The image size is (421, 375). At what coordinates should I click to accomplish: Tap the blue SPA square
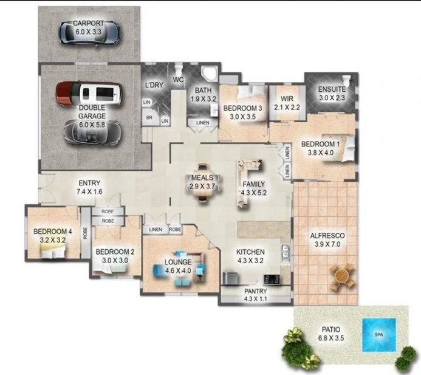click(x=378, y=335)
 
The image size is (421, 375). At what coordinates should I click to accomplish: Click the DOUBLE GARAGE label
click(x=92, y=112)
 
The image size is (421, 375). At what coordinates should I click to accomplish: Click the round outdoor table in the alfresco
click(x=343, y=275)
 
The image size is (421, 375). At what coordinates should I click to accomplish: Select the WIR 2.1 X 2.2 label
click(x=286, y=103)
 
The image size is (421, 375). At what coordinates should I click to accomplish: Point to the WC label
click(x=179, y=80)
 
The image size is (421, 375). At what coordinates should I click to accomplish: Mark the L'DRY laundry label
click(x=154, y=85)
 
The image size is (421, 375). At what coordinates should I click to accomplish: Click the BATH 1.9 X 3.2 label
click(x=204, y=94)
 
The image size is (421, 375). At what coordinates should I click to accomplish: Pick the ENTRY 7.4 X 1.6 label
click(x=89, y=187)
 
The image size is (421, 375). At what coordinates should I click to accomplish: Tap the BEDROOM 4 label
click(x=52, y=235)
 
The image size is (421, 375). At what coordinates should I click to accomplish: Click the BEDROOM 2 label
click(x=115, y=255)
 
